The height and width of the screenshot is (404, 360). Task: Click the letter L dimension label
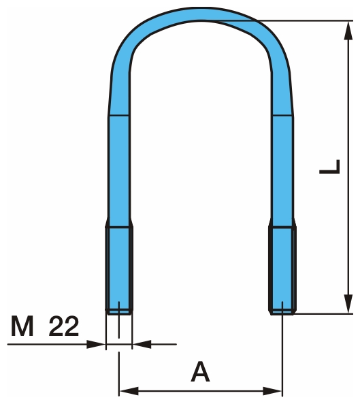pyautogui.click(x=329, y=166)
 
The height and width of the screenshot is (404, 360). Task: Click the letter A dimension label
pyautogui.click(x=199, y=372)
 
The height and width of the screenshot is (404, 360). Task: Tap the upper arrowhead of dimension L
pyautogui.click(x=348, y=27)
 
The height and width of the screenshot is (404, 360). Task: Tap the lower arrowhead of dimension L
pyautogui.click(x=348, y=306)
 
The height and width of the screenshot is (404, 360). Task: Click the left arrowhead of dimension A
pyautogui.click(x=125, y=391)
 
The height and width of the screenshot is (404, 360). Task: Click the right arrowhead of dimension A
pyautogui.click(x=276, y=391)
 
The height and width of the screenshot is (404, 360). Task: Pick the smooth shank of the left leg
pyautogui.click(x=118, y=170)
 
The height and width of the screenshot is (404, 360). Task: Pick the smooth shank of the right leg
pyautogui.click(x=282, y=170)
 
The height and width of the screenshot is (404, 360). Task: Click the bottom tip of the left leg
pyautogui.click(x=119, y=312)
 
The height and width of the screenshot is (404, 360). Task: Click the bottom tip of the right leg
pyautogui.click(x=282, y=313)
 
